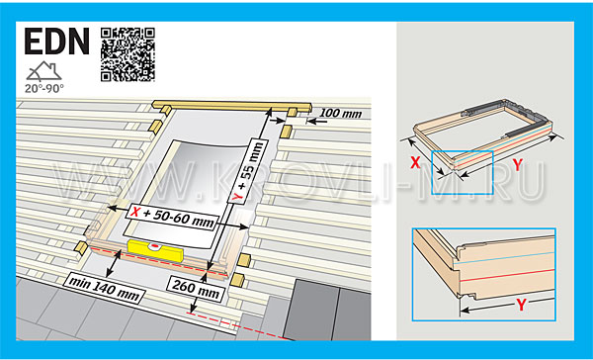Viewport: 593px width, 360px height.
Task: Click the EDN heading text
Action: (x=57, y=42)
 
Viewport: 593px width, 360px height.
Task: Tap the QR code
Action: (x=127, y=54)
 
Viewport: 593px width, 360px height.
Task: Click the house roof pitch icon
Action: (x=43, y=71)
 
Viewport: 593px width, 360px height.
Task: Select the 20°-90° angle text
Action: (x=44, y=89)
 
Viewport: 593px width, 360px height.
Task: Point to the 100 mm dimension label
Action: (x=340, y=114)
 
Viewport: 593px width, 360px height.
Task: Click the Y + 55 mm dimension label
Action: (x=249, y=171)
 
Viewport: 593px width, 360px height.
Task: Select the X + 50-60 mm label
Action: (x=172, y=218)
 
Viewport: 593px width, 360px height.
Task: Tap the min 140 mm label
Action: (x=103, y=289)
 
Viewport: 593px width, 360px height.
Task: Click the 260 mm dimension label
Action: (x=196, y=289)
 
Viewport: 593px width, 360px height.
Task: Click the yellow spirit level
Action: (x=156, y=250)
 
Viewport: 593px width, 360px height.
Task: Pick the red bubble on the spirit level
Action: (x=155, y=247)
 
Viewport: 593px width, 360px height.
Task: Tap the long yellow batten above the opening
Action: (x=232, y=107)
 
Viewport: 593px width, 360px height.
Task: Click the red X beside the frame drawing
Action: (x=415, y=163)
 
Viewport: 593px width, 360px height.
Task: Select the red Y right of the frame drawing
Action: (x=517, y=164)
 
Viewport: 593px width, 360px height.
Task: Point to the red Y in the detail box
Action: (x=521, y=305)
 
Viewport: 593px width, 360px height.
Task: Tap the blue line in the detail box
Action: (x=504, y=257)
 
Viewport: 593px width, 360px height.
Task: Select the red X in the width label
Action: (x=134, y=212)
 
